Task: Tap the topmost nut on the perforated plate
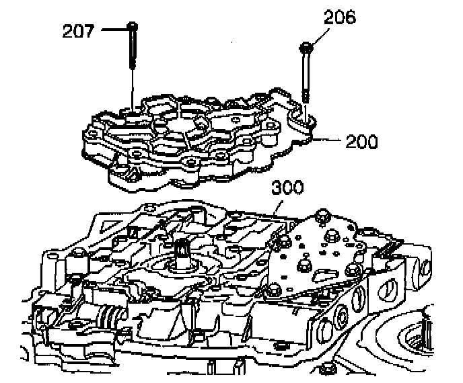320,214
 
